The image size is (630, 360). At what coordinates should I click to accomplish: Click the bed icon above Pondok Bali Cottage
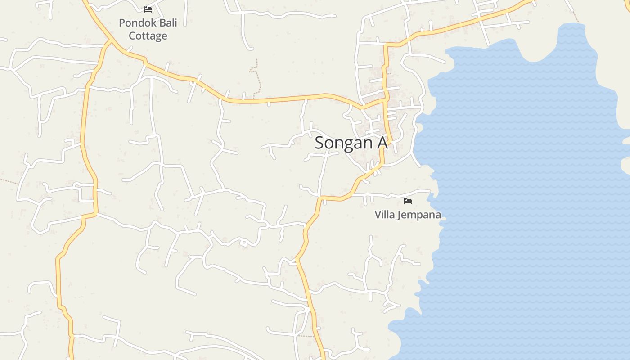point(148,9)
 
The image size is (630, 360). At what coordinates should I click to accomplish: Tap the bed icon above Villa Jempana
point(408,201)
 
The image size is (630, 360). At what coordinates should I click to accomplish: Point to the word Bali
point(165,23)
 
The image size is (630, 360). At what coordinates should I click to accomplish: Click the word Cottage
point(148,36)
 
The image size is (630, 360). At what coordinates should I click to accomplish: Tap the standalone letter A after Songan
point(382,143)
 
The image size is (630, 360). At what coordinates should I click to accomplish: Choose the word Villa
point(384,215)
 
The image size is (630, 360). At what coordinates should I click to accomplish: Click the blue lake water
point(517,180)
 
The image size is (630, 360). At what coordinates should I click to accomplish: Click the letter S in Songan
point(319,143)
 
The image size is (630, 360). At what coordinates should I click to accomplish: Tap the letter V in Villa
point(378,215)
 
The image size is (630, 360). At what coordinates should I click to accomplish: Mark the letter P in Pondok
point(122,23)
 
